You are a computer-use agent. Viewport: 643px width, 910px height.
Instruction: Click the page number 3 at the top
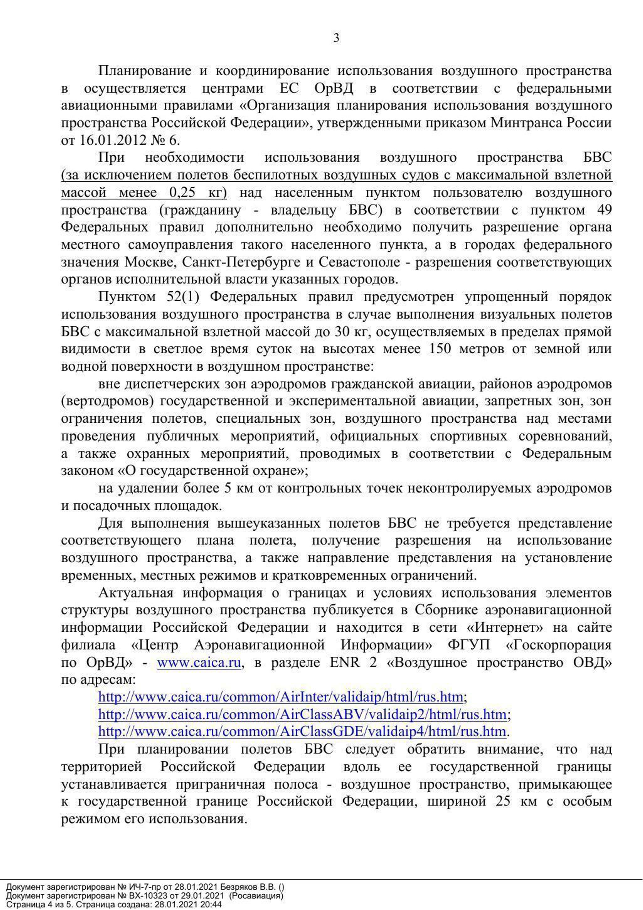click(336, 38)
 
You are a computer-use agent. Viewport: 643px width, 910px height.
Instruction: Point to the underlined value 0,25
click(183, 193)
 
